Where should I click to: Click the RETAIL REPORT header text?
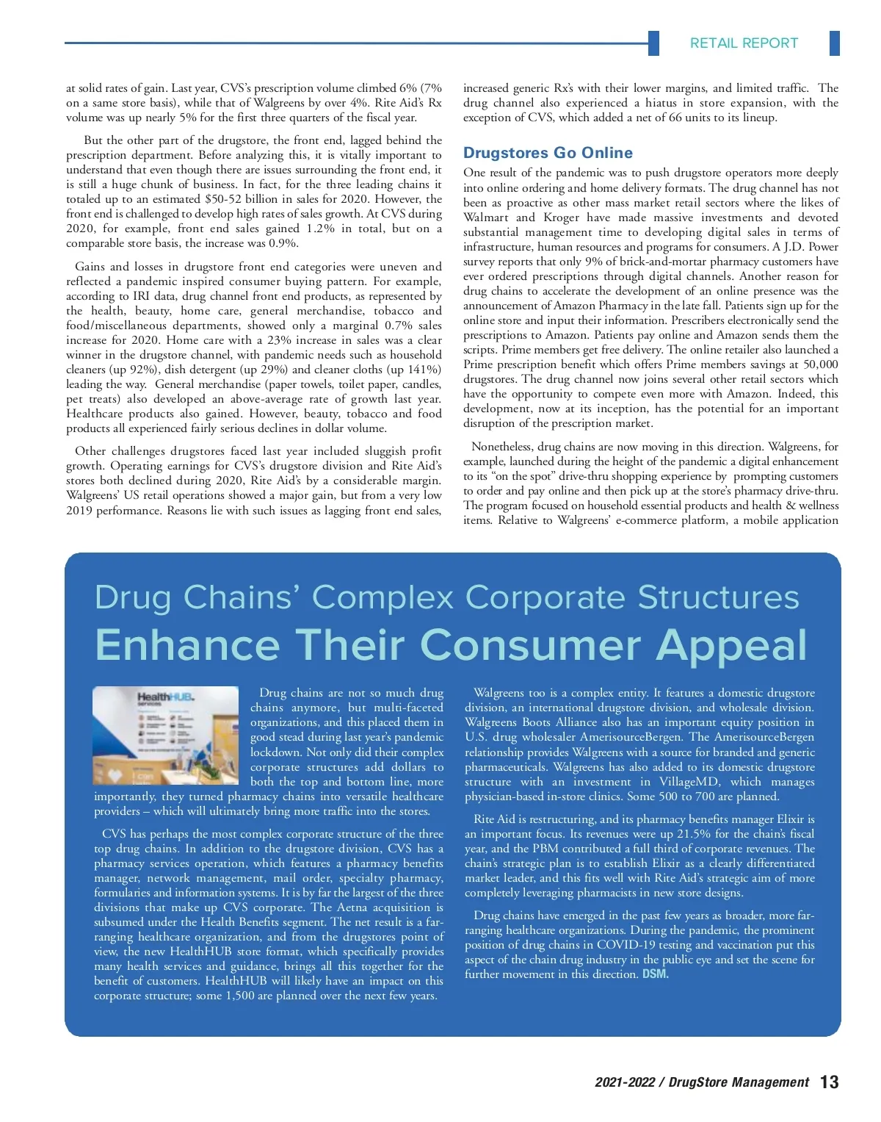click(x=743, y=43)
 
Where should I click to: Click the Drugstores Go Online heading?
click(x=548, y=153)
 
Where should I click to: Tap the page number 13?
click(x=829, y=1082)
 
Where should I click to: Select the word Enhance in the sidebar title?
click(x=186, y=645)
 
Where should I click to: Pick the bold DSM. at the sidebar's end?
click(x=656, y=974)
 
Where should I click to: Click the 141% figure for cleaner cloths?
click(x=424, y=370)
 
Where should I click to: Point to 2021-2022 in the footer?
click(x=624, y=1082)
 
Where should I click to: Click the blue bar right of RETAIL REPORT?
click(x=834, y=43)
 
